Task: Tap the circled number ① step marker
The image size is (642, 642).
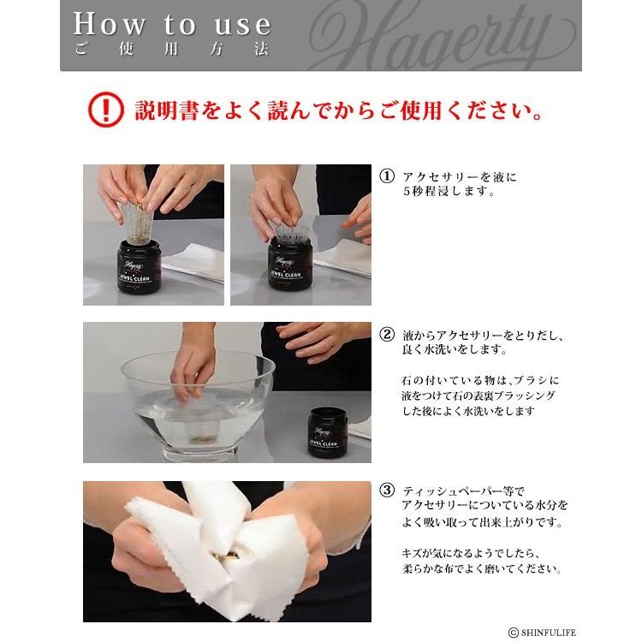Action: (x=387, y=177)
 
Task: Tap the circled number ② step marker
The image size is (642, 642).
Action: (x=387, y=336)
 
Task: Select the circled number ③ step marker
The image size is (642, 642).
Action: (x=387, y=490)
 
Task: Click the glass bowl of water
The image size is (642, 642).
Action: (x=197, y=402)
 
